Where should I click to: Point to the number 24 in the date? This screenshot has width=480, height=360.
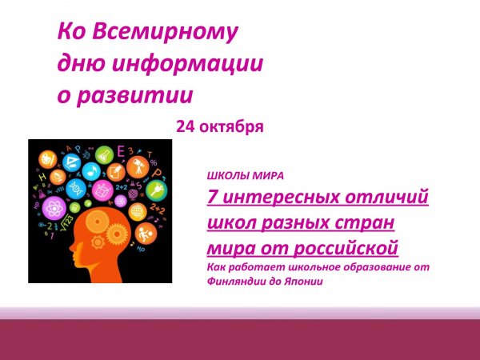(184, 126)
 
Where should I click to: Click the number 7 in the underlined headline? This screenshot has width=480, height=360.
(212, 197)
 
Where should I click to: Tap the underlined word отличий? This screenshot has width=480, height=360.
(387, 197)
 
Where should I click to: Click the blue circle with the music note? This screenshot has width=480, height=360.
(90, 171)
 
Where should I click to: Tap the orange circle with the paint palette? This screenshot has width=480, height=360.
(48, 159)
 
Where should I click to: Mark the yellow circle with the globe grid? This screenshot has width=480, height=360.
(136, 211)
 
